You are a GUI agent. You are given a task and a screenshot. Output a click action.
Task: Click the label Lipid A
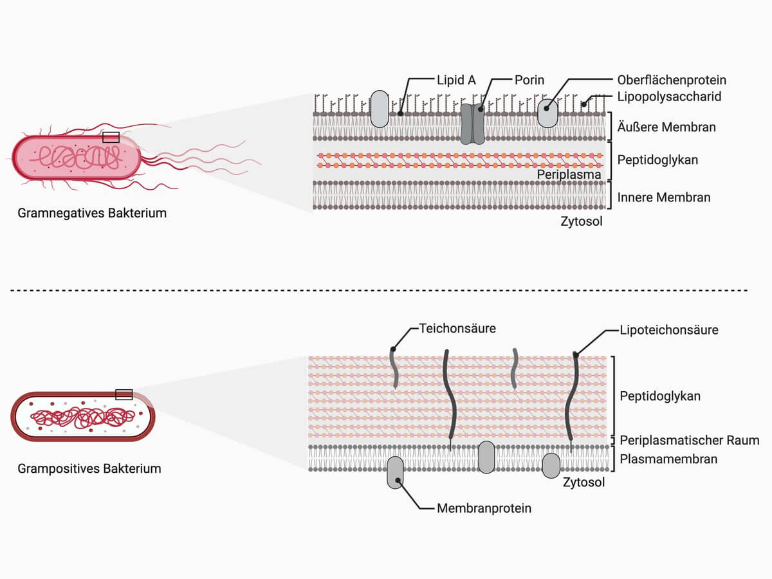(456, 80)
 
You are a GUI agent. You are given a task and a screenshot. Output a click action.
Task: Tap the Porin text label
(529, 80)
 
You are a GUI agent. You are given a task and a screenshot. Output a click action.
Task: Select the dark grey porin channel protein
(473, 124)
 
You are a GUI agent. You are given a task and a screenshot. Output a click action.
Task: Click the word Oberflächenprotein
(672, 80)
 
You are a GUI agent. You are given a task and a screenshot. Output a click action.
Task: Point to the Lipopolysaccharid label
(669, 96)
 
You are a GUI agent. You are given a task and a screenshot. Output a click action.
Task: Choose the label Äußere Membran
(666, 127)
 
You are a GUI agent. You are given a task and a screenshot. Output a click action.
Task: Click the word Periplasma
(569, 174)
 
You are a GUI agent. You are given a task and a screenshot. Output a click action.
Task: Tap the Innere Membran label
(664, 198)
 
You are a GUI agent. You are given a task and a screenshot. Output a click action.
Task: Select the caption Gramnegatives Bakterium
(92, 213)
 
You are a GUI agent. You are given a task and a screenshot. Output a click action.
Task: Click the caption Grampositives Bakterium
(89, 468)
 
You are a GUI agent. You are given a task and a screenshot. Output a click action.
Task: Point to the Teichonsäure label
(457, 328)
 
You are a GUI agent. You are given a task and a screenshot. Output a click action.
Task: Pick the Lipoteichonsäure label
(669, 330)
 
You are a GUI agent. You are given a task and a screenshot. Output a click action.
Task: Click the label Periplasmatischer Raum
(690, 440)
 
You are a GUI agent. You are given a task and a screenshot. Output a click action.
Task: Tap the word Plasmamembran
(668, 459)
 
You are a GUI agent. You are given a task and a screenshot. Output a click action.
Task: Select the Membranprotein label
(484, 508)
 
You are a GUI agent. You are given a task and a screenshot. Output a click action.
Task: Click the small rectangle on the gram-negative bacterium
(111, 138)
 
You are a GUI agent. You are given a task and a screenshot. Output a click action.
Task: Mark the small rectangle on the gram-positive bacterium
(124, 394)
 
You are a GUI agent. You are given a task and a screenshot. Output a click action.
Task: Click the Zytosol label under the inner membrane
(582, 221)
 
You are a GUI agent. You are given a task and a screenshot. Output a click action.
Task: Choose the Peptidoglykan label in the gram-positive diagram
(660, 396)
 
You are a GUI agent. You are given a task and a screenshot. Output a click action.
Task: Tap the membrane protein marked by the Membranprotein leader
(395, 472)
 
